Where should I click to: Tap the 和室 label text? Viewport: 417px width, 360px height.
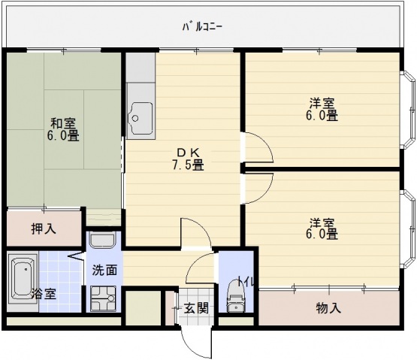click(63, 123)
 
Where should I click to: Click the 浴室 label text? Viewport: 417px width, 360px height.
click(44, 294)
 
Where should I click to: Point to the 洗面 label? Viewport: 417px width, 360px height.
click(104, 270)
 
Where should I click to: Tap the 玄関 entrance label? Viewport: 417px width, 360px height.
click(197, 308)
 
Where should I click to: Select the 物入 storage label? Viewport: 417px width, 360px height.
click(328, 307)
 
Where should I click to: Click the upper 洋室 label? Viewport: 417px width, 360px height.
click(322, 103)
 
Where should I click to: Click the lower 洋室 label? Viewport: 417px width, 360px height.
click(322, 222)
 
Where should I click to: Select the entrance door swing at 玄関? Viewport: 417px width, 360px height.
click(195, 340)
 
